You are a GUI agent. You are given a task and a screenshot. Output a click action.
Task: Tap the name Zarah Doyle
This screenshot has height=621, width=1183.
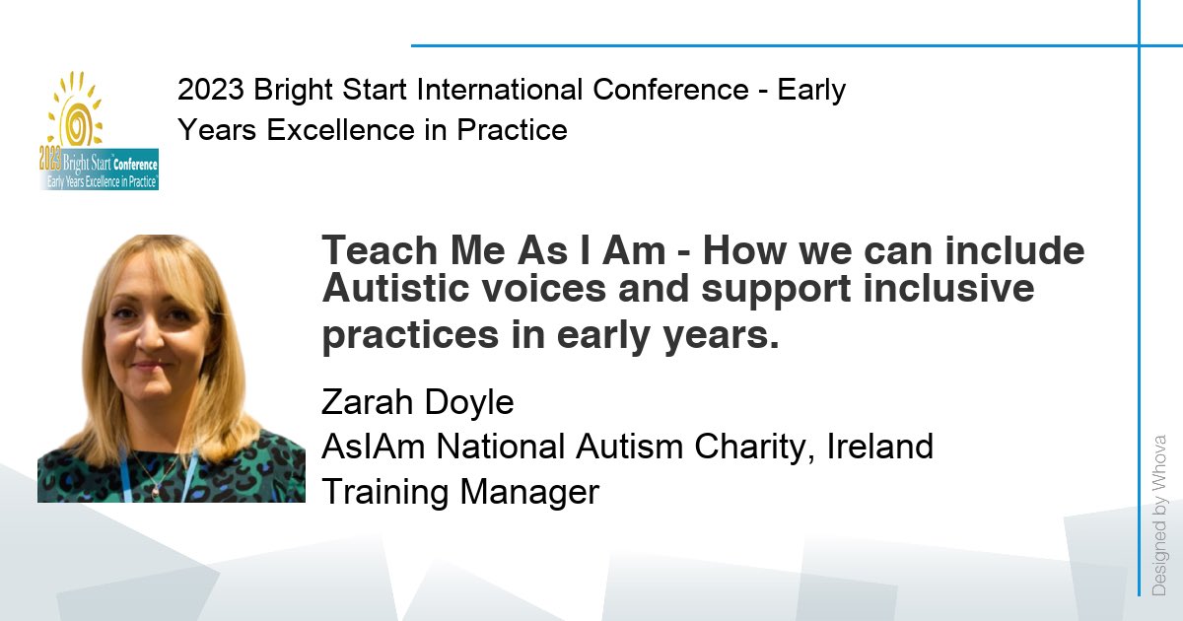click(418, 402)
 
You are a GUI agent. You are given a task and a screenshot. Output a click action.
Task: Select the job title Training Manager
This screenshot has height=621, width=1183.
click(460, 491)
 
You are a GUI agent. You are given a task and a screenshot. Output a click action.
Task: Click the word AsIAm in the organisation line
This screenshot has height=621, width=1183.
click(375, 447)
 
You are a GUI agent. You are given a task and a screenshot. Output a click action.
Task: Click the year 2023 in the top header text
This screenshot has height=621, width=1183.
click(211, 90)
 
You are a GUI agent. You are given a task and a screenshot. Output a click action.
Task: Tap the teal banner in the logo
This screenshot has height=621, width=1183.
click(99, 173)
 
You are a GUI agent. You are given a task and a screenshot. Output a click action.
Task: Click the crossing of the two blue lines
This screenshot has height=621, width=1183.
click(1140, 45)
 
